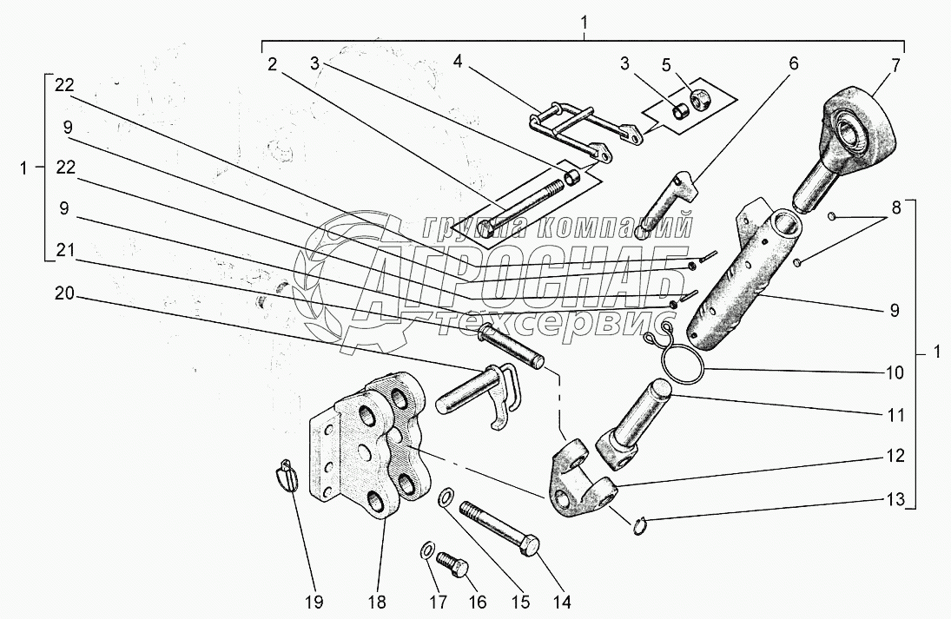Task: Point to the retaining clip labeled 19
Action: [289, 477]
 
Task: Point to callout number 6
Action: [793, 64]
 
